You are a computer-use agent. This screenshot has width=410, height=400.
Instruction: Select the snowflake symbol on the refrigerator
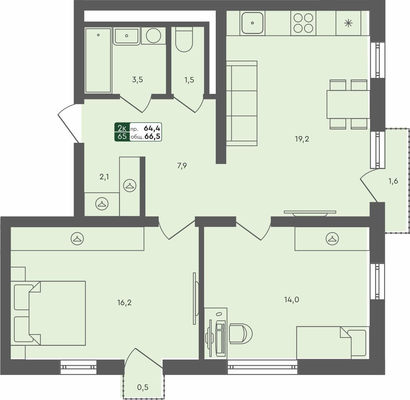click(x=348, y=23)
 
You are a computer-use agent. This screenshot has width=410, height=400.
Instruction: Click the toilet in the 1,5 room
click(x=184, y=39)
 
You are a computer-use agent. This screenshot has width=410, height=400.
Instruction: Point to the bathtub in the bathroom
click(x=98, y=60)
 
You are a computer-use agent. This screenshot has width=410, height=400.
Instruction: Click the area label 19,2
click(x=302, y=139)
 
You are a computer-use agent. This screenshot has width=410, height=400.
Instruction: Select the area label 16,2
click(x=124, y=303)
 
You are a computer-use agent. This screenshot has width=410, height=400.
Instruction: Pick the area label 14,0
click(x=291, y=300)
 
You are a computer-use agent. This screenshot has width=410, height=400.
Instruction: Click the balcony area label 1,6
click(x=393, y=181)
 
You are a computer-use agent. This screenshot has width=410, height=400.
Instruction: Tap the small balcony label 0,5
click(x=143, y=387)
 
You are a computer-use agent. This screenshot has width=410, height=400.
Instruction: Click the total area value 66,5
click(x=152, y=137)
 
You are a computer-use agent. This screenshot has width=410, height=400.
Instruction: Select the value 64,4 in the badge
click(x=152, y=128)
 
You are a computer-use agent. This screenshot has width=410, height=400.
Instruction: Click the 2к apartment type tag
click(x=122, y=128)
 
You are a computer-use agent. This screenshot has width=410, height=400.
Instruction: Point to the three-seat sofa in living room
click(x=242, y=103)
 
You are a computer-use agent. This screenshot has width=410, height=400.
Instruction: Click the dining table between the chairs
click(x=348, y=104)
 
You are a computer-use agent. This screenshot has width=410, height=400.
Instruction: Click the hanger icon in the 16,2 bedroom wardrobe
click(x=77, y=239)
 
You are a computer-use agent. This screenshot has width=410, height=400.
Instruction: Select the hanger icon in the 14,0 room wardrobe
click(x=332, y=239)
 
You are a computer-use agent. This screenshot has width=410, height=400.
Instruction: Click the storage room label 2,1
click(x=104, y=177)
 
